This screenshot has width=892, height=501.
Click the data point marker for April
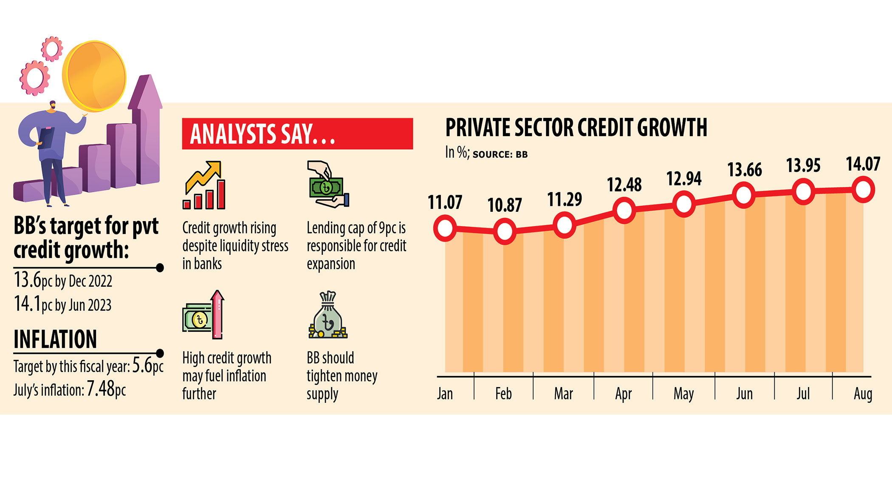(x=624, y=211)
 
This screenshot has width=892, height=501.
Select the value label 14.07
(x=863, y=164)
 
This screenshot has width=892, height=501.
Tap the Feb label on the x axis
(x=503, y=394)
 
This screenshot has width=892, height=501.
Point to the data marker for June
(x=744, y=196)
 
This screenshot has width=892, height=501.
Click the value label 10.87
(x=504, y=205)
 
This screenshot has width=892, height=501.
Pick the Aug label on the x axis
(x=863, y=394)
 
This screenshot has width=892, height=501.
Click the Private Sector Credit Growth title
(x=576, y=128)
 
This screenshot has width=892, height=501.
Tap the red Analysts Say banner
(x=297, y=134)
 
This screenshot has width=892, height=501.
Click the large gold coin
(x=94, y=76)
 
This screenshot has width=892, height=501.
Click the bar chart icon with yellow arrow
(x=204, y=185)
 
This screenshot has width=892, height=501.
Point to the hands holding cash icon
(x=327, y=185)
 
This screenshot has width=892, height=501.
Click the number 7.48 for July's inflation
(x=101, y=389)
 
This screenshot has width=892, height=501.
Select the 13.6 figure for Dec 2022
(x=28, y=280)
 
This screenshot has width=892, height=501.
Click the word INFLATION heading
(x=55, y=339)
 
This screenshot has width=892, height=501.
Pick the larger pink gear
(x=34, y=78)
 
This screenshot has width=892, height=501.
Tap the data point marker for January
(x=445, y=228)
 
